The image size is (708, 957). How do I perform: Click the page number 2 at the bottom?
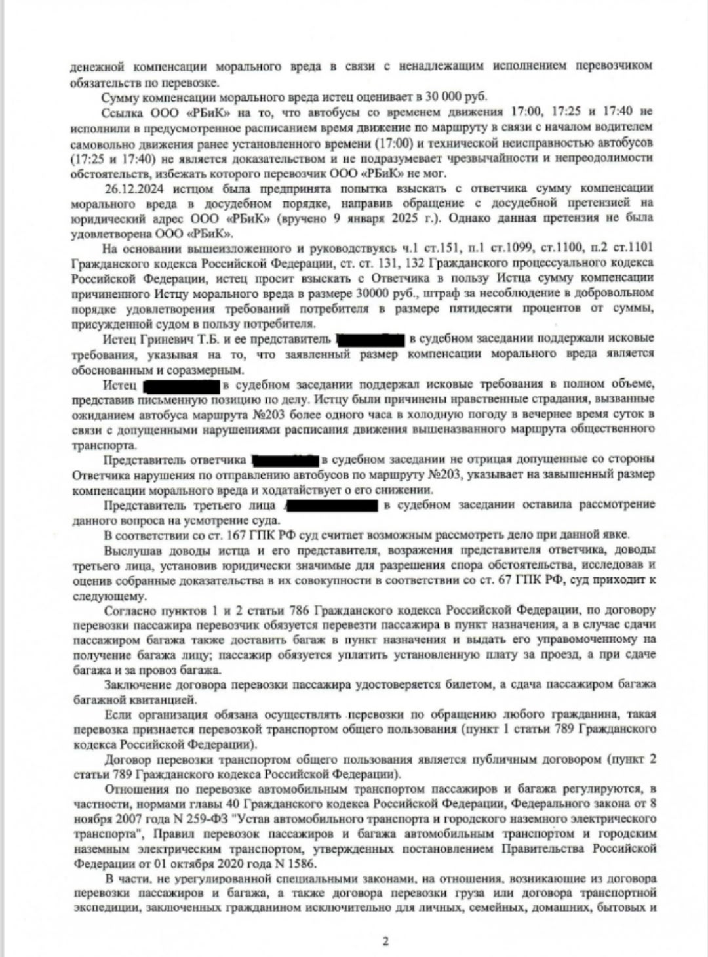point(385,941)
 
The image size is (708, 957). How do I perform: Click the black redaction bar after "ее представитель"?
point(370,339)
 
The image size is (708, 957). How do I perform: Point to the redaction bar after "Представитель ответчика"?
point(285,460)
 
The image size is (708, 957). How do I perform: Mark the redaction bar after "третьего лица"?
point(331,505)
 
